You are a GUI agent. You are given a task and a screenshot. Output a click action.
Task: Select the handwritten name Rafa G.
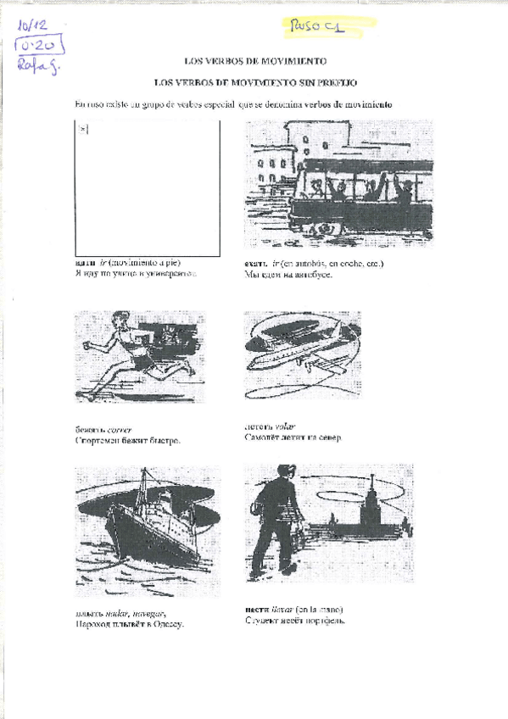tap(36, 66)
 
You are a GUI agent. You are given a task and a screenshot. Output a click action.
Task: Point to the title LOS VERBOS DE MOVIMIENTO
tap(255, 61)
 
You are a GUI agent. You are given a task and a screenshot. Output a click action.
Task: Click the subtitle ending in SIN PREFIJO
tap(255, 82)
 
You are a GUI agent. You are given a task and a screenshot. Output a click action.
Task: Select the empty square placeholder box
tap(148, 187)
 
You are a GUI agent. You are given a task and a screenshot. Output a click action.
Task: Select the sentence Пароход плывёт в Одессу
tap(129, 623)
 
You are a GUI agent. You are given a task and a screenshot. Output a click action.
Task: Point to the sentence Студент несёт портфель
tap(294, 620)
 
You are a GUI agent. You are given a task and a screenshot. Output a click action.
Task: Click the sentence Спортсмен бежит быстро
tap(127, 441)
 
